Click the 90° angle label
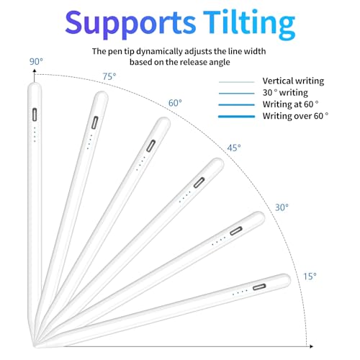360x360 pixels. [36, 61]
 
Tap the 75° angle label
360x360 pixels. [109, 76]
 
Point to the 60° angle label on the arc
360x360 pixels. [175, 103]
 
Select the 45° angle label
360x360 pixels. [234, 148]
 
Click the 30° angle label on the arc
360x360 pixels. [282, 207]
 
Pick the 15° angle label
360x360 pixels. [310, 276]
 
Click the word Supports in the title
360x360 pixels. [130, 24]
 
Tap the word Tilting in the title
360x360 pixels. [249, 24]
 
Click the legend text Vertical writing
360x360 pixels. [293, 81]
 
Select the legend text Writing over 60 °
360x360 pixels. [295, 116]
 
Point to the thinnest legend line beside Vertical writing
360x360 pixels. [236, 82]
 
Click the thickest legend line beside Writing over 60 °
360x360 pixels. [236, 117]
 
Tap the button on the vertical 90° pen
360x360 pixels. [35, 114]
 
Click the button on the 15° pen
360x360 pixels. [259, 287]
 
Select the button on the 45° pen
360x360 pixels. [199, 183]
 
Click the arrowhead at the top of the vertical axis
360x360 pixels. [35, 71]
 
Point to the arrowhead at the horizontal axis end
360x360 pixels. [311, 346]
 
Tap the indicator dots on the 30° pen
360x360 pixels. [219, 241]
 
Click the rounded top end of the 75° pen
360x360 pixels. [102, 96]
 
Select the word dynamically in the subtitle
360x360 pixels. [159, 51]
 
